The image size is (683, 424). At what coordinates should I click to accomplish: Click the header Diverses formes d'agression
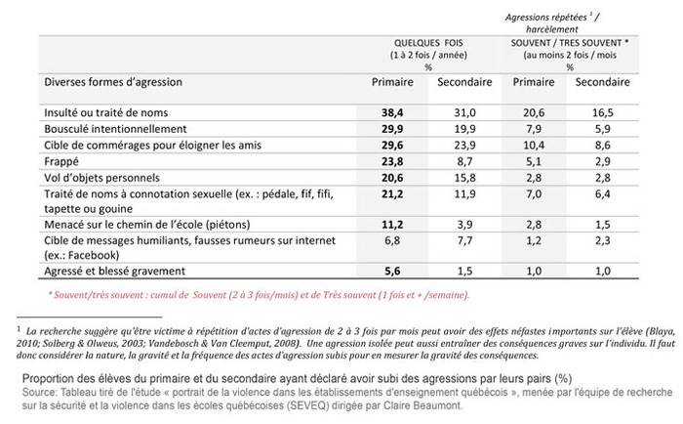click(113, 83)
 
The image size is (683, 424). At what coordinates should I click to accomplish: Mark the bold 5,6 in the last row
click(392, 269)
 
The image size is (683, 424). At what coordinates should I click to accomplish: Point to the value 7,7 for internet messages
click(463, 239)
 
